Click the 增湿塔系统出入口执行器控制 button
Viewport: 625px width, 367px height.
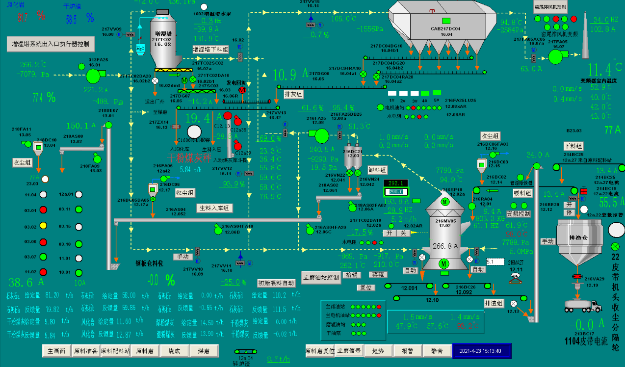tap(51, 44)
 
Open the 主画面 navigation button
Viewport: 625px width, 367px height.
tap(56, 351)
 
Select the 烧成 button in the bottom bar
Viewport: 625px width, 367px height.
tap(174, 351)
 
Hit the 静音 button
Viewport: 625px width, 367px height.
tap(437, 351)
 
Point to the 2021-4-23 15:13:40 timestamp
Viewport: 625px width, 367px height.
tap(481, 351)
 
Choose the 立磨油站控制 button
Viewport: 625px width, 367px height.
tap(321, 277)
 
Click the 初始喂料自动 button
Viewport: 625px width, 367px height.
tap(276, 283)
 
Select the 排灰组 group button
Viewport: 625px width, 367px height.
tap(293, 94)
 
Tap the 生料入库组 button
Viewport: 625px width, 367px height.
tap(214, 208)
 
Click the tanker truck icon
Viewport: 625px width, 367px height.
tap(582, 306)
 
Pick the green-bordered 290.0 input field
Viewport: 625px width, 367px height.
tap(396, 192)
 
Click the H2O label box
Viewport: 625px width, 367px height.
tap(140, 49)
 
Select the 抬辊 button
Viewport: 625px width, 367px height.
tap(351, 275)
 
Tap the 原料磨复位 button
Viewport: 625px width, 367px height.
tap(320, 351)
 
